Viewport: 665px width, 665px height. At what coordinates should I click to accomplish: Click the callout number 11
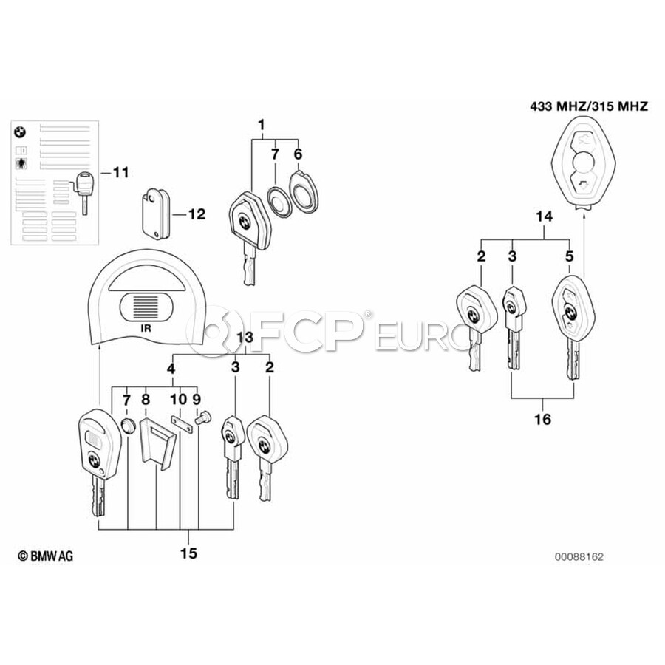[121, 173]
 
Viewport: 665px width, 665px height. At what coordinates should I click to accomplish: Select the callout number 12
[197, 214]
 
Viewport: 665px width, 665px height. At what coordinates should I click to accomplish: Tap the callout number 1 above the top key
[262, 125]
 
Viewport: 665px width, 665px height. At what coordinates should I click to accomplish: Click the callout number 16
[542, 419]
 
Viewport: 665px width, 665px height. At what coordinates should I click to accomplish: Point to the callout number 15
[188, 553]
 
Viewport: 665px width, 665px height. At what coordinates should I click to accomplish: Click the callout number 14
[545, 216]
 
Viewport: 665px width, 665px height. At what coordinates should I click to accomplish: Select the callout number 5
[569, 256]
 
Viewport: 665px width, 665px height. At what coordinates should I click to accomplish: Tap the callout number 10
[179, 399]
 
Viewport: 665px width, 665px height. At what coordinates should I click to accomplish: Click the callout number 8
[146, 399]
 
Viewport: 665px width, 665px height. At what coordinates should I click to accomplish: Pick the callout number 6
[299, 154]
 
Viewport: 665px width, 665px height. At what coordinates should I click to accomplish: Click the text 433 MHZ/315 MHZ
[589, 106]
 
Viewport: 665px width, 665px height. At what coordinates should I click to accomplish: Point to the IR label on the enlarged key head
[146, 328]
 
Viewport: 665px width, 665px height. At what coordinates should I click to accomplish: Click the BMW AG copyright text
[45, 556]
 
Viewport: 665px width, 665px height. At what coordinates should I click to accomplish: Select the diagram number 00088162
[579, 557]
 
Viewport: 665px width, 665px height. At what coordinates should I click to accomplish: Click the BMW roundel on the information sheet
[19, 132]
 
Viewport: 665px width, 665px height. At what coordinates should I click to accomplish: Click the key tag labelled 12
[155, 214]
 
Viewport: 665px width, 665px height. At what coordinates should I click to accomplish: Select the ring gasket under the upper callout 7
[279, 202]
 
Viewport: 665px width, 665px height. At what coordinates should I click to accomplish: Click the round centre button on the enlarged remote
[583, 163]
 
